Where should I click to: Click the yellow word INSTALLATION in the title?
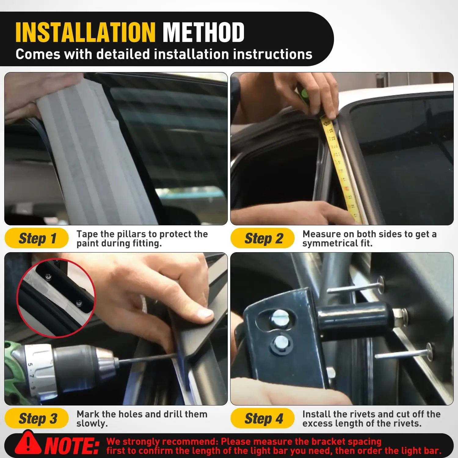point(85,32)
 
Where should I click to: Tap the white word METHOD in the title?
point(203,32)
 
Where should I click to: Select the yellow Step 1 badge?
point(37,238)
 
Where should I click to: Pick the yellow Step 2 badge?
point(263,238)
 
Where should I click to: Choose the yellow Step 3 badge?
point(37,418)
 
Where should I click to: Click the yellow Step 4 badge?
point(263,418)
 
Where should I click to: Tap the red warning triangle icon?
point(28,443)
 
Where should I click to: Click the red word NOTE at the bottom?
point(72,446)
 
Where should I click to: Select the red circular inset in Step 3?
point(56,298)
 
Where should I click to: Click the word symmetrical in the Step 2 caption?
point(330,243)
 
